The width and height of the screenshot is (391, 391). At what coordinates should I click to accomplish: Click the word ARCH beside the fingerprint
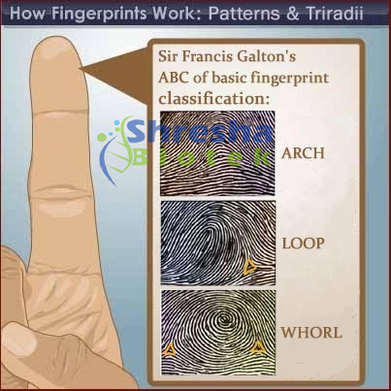(x=303, y=153)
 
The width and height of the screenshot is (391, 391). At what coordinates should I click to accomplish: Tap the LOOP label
(x=304, y=244)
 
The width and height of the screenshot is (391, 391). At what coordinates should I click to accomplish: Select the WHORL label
(x=311, y=333)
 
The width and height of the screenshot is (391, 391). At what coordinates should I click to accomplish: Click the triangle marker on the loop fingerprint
(x=249, y=268)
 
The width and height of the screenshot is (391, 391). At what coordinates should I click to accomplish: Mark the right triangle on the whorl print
(x=258, y=347)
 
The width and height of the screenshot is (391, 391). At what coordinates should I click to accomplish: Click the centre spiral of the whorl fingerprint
(x=223, y=319)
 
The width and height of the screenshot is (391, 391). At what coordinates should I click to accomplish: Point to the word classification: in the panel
(x=213, y=98)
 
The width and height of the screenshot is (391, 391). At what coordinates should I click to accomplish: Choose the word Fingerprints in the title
(x=99, y=14)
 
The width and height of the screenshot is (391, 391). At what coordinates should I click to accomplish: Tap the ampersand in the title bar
(x=292, y=15)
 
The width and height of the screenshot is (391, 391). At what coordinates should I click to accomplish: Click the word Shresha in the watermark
(x=200, y=132)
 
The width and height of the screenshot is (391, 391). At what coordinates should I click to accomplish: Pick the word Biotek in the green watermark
(x=202, y=157)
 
